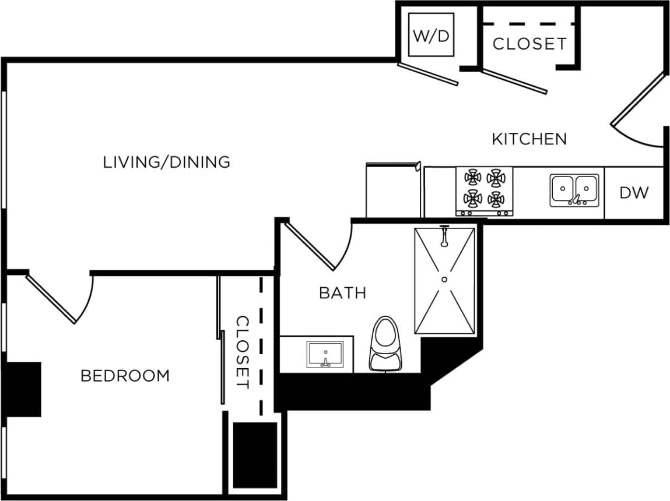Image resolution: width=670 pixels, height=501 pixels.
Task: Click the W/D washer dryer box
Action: [432, 35]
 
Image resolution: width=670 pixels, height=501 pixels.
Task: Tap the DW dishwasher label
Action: [634, 193]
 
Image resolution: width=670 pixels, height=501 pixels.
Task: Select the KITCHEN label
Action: [529, 139]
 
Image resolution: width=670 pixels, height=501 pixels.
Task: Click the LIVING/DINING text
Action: [167, 162]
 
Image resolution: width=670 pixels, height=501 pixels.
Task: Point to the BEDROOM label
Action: [125, 376]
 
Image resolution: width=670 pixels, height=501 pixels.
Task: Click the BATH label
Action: [342, 292]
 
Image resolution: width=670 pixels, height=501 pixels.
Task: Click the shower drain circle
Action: [444, 280]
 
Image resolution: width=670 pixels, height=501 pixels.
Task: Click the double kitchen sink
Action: [574, 190]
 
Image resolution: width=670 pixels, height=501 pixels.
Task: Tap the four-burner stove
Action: [484, 190]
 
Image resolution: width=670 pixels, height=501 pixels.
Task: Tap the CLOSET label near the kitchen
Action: [529, 44]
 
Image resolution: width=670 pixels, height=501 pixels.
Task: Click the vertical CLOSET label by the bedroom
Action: [243, 352]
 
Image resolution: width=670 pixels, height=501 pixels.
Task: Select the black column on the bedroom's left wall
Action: [23, 389]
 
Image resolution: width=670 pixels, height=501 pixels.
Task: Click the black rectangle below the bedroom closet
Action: [255, 455]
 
